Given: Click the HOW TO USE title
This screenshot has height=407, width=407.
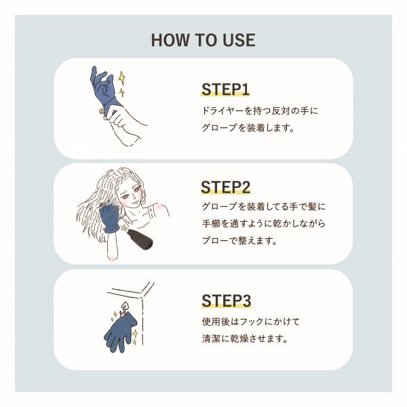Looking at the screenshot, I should [203, 39].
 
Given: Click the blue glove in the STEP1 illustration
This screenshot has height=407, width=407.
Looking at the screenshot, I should [103, 88].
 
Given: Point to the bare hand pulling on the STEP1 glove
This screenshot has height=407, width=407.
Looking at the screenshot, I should [122, 121].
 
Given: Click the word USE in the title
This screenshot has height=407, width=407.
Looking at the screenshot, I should [237, 39].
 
